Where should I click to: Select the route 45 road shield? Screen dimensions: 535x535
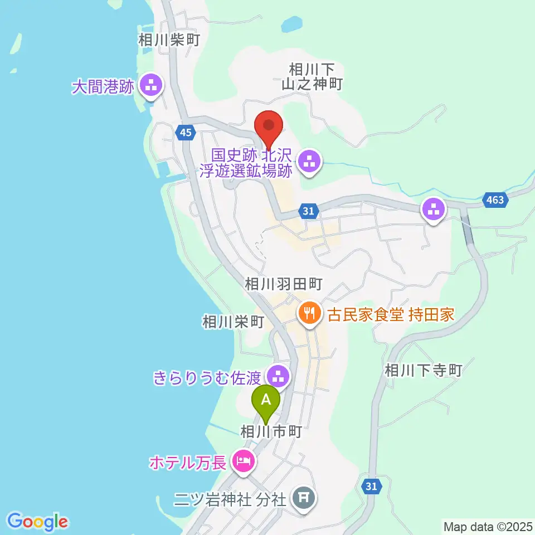(186, 132)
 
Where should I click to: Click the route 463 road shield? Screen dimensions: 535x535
(494, 201)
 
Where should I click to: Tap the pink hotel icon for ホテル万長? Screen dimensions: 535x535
(243, 461)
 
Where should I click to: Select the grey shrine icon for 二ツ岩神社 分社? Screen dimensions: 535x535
(304, 495)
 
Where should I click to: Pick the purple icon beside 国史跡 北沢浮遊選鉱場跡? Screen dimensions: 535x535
(308, 162)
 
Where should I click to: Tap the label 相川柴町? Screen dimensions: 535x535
(168, 40)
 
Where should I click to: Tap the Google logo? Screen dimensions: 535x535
(38, 522)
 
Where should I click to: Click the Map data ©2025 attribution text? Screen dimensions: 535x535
(487, 526)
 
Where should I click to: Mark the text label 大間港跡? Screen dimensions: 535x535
(104, 87)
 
